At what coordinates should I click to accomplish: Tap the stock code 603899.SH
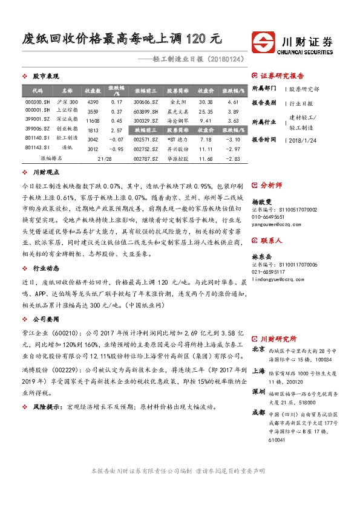pyautogui.click(x=145, y=111)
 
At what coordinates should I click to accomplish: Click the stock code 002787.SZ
pyautogui.click(x=145, y=158)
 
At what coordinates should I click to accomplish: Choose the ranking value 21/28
pyautogui.click(x=105, y=158)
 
